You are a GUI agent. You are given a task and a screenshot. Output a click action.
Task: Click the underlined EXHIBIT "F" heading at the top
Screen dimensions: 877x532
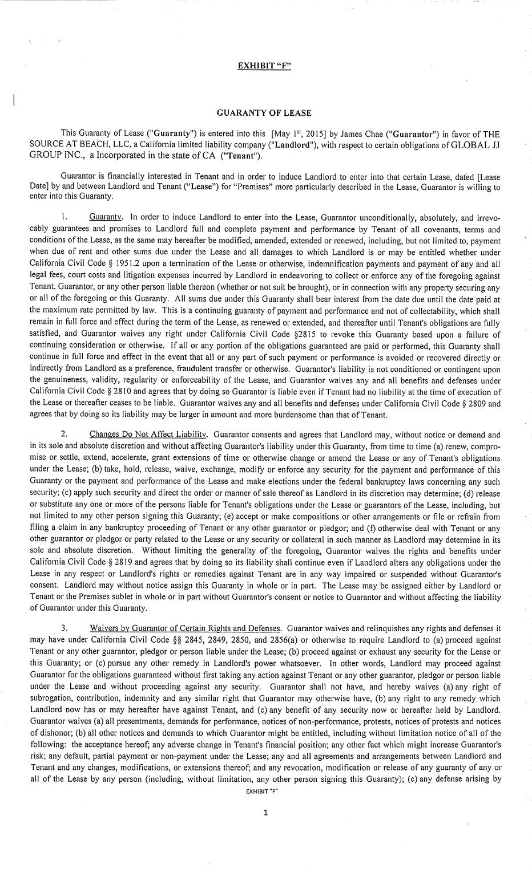pyautogui.click(x=264, y=65)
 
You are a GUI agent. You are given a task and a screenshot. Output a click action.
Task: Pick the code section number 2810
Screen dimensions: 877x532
pyautogui.click(x=140, y=392)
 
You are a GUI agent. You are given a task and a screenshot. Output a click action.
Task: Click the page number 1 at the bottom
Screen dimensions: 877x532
pyautogui.click(x=265, y=813)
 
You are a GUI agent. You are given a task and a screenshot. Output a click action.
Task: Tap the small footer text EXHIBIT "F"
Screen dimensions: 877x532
pyautogui.click(x=265, y=792)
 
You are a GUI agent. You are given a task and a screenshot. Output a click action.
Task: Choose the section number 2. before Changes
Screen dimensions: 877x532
pyautogui.click(x=64, y=435)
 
